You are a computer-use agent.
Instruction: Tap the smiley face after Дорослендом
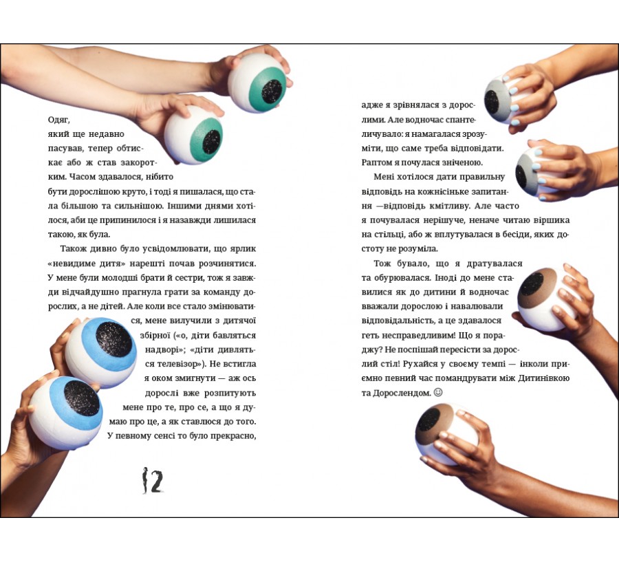click(438, 393)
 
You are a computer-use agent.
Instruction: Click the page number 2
click(157, 481)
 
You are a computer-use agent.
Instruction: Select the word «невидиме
click(69, 263)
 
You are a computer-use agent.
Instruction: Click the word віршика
click(552, 220)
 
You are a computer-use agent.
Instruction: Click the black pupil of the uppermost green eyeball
click(272, 91)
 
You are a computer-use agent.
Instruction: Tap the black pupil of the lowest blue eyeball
click(81, 398)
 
